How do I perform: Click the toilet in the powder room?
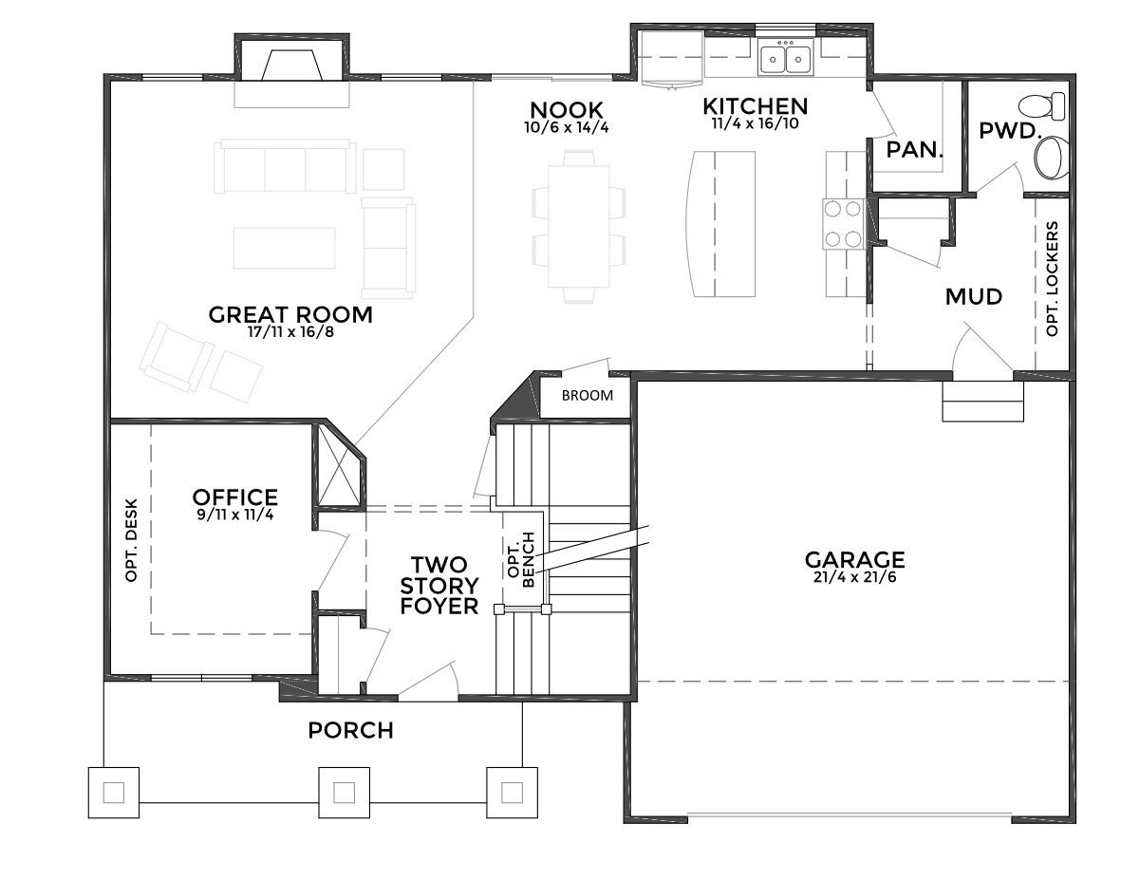pyautogui.click(x=1041, y=106)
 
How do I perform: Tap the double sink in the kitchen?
pyautogui.click(x=786, y=59)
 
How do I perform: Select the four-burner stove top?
pyautogui.click(x=843, y=224)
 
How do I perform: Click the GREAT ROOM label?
pyautogui.click(x=290, y=315)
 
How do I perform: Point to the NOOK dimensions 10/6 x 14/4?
pyautogui.click(x=567, y=127)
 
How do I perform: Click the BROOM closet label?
pyautogui.click(x=587, y=396)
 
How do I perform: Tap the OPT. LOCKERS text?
pyautogui.click(x=1052, y=278)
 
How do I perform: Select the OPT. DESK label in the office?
pyautogui.click(x=131, y=540)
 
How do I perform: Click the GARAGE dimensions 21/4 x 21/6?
pyautogui.click(x=855, y=577)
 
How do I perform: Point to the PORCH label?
pyautogui.click(x=350, y=731)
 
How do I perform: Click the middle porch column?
pyautogui.click(x=345, y=793)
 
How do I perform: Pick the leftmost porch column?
pyautogui.click(x=114, y=793)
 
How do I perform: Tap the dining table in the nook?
pyautogui.click(x=579, y=227)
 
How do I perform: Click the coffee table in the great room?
pyautogui.click(x=284, y=248)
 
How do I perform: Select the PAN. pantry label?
pyautogui.click(x=915, y=150)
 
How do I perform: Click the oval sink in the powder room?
pyautogui.click(x=1052, y=157)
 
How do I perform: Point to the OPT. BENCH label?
pyautogui.click(x=521, y=560)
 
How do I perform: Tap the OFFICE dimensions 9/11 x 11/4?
pyautogui.click(x=235, y=515)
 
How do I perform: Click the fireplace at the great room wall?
pyautogui.click(x=291, y=66)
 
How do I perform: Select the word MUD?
pyautogui.click(x=974, y=297)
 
